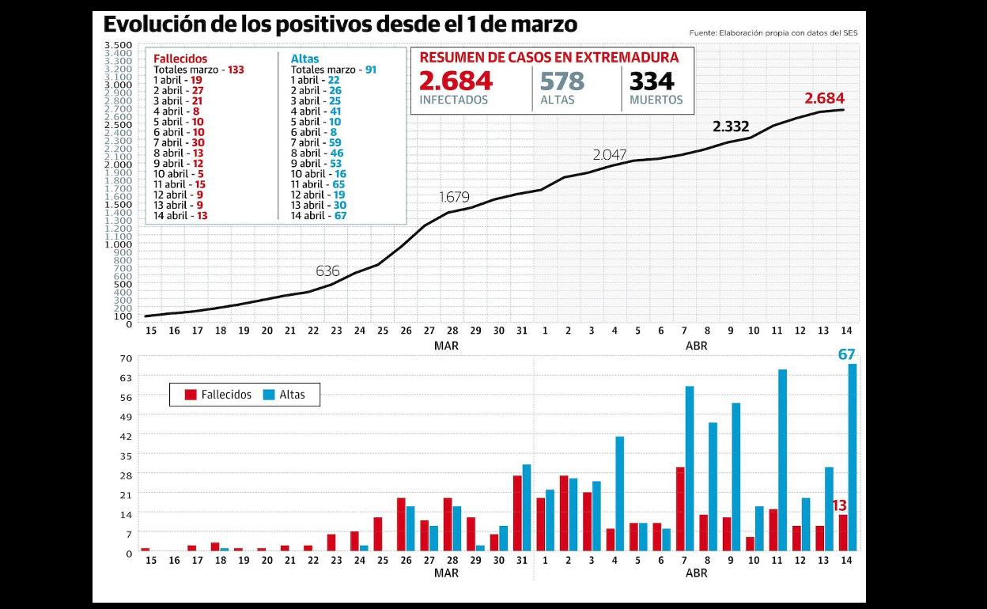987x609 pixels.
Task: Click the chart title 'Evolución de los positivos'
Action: (x=340, y=25)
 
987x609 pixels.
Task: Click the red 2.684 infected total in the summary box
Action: (x=456, y=81)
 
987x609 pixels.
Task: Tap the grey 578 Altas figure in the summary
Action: (x=562, y=81)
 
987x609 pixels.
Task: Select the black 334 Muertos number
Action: (x=652, y=81)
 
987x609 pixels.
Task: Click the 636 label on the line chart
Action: (x=327, y=270)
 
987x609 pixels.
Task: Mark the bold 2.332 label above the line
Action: (x=730, y=127)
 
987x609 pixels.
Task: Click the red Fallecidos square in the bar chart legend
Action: (x=191, y=394)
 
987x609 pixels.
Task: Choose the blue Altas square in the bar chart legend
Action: (x=269, y=394)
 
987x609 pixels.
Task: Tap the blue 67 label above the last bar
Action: (x=847, y=354)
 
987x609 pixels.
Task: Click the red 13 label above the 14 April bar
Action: (x=839, y=505)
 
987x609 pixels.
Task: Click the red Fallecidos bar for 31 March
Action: (x=517, y=513)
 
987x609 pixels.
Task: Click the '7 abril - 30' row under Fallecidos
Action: (x=179, y=142)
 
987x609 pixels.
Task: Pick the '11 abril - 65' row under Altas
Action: (x=318, y=184)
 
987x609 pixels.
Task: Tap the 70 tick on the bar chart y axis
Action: (x=126, y=357)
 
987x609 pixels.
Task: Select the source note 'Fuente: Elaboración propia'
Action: (x=773, y=33)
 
